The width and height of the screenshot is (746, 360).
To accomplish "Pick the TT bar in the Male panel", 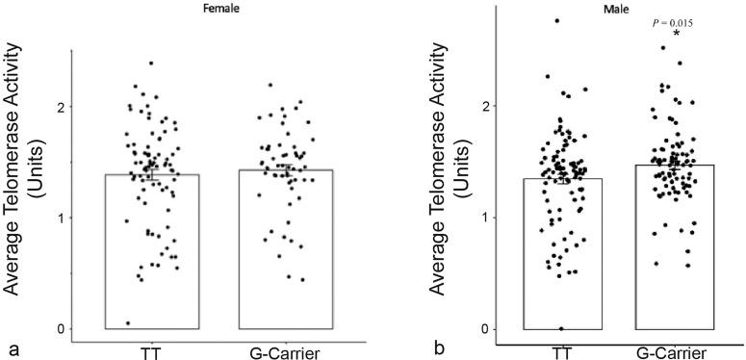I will point(563,254).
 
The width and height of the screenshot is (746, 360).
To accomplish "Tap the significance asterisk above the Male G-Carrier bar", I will point(676,35).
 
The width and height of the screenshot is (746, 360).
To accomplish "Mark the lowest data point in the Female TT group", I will point(128,322).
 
